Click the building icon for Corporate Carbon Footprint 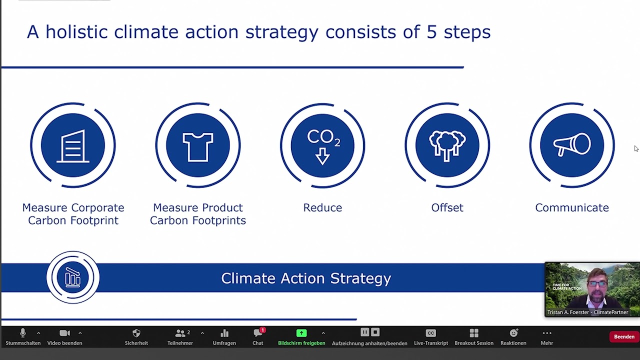pyautogui.click(x=73, y=145)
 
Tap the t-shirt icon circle pyautogui.click(x=197, y=145)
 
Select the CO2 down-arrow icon pyautogui.click(x=322, y=145)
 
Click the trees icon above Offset pyautogui.click(x=447, y=145)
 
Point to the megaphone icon pyautogui.click(x=572, y=145)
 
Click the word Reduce pyautogui.click(x=322, y=207)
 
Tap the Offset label pyautogui.click(x=447, y=207)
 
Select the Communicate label pyautogui.click(x=572, y=207)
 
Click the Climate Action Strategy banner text pyautogui.click(x=306, y=278)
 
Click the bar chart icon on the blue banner pyautogui.click(x=73, y=277)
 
